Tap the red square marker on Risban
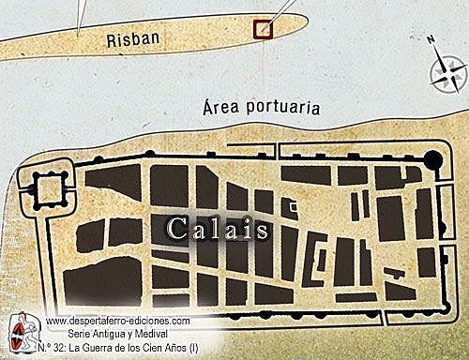[x=264, y=27]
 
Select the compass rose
[x=447, y=70]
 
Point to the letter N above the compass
[x=430, y=40]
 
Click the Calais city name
[x=219, y=229]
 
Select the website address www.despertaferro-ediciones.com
[x=118, y=321]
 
